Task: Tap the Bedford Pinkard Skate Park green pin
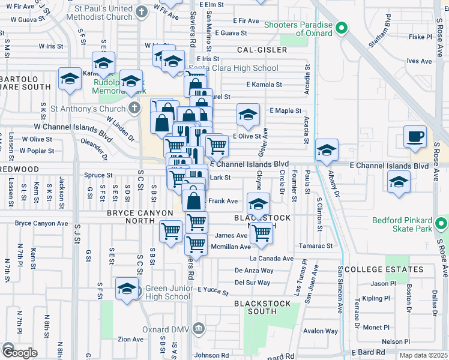442,225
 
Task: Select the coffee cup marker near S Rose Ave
415,137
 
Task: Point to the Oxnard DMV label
167,329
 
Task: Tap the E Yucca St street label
212,292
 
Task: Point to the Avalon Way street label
320,331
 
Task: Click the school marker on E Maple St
248,115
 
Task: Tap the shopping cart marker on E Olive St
217,144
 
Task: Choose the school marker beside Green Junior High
126,289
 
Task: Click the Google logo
19,352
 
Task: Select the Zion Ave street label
130,339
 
